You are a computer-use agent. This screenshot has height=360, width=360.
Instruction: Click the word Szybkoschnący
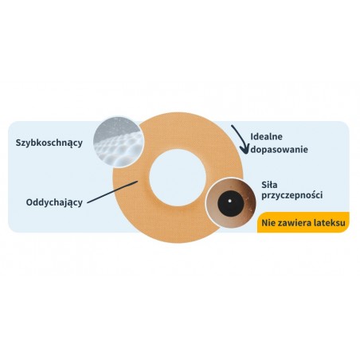click(49, 143)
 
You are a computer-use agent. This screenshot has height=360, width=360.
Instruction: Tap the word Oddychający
click(54, 203)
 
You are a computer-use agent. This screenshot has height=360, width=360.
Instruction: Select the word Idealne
click(267, 137)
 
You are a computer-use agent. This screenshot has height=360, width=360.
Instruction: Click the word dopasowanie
click(280, 150)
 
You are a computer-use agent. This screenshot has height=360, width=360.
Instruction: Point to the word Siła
click(269, 184)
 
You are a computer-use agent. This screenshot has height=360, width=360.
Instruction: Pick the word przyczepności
click(292, 196)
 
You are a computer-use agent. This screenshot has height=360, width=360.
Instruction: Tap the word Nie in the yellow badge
click(268, 222)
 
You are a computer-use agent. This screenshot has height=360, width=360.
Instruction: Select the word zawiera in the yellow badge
click(295, 222)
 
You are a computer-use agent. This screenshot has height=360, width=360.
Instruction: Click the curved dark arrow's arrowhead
click(244, 150)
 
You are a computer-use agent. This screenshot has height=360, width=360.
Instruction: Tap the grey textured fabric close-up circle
click(118, 142)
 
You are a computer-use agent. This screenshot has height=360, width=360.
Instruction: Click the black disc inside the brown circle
click(230, 202)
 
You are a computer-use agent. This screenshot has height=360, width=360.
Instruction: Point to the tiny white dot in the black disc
click(230, 201)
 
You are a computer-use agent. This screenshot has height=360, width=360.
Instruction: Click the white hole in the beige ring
click(178, 178)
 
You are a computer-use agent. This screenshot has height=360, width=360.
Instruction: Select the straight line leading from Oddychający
click(112, 192)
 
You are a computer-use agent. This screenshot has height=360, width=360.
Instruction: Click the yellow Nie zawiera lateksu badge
click(303, 222)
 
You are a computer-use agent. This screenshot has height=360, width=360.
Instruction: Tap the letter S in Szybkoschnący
click(18, 143)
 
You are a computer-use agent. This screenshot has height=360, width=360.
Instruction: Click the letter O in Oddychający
click(29, 202)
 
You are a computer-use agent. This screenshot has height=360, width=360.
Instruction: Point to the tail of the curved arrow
click(232, 126)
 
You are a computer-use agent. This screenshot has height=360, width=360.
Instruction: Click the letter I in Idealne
click(252, 137)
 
